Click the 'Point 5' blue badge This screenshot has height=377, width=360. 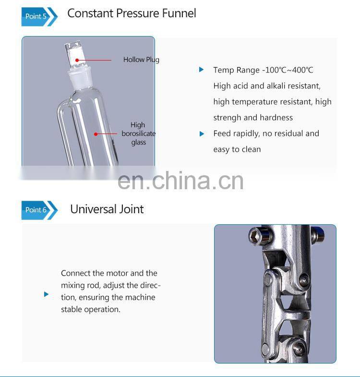point(37,16)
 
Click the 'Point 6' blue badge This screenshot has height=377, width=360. point(37,210)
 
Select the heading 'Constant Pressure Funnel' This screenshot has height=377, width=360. point(132,13)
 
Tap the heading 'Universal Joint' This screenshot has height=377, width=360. point(107,209)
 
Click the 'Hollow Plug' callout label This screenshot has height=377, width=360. point(141,60)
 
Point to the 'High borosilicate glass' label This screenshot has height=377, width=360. point(138,134)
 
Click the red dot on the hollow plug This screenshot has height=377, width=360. point(76,60)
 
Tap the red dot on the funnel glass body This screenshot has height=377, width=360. point(96,134)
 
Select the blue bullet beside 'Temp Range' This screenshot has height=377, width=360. point(202,70)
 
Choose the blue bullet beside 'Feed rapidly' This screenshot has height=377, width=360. point(202,134)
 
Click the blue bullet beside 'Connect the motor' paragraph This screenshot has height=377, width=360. point(46,294)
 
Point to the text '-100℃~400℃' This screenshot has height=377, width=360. point(288,70)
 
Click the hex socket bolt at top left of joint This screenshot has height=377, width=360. point(254,235)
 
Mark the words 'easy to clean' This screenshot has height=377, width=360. point(237,149)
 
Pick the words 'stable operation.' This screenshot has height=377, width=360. point(91,309)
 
